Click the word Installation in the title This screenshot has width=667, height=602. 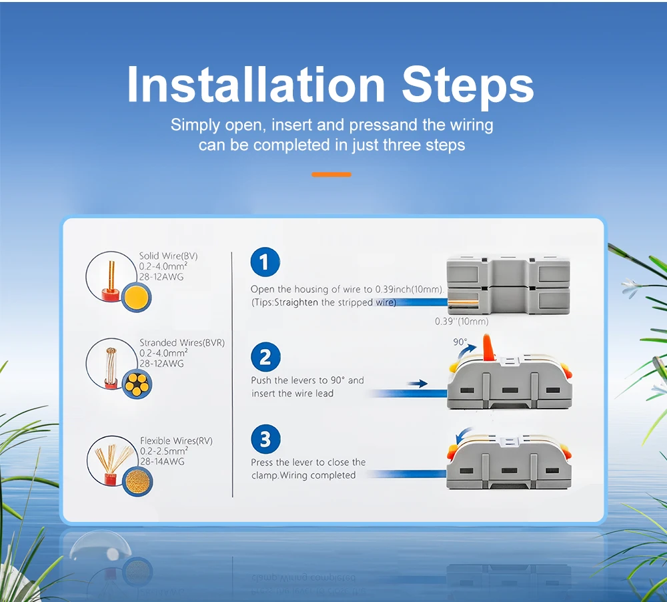coord(256,85)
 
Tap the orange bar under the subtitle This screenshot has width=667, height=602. coord(331,174)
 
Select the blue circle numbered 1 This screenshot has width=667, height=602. coord(265,262)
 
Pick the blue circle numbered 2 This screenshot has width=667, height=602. coord(265,357)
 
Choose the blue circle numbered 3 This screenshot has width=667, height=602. coord(265,439)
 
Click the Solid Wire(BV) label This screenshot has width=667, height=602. coord(169,256)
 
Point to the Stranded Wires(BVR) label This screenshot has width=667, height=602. coord(182,343)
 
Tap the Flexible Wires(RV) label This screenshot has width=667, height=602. coord(176,440)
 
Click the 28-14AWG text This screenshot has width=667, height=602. coord(162,461)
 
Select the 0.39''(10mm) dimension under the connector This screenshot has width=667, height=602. coord(462,322)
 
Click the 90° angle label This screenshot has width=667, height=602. coord(460,342)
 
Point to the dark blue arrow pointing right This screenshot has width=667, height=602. coord(418,384)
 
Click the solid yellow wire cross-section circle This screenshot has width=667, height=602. coord(137,297)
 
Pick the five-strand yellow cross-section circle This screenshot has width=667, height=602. coord(137,384)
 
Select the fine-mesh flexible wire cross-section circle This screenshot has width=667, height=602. coord(137,481)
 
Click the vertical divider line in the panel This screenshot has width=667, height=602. coord(232,374)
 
